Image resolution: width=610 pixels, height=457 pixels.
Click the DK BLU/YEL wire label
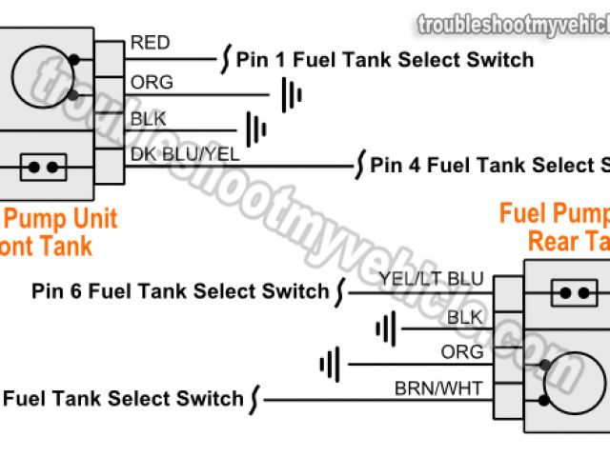(x=184, y=152)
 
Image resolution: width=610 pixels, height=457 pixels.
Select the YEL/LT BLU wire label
(x=431, y=278)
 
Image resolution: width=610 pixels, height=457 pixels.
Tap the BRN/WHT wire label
(x=438, y=387)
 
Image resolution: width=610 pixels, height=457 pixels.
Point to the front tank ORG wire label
(x=152, y=82)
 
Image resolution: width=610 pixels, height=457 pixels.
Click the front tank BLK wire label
(x=148, y=118)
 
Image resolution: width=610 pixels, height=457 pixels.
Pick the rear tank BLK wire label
(x=465, y=316)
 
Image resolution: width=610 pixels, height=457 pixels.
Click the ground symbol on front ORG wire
(x=291, y=93)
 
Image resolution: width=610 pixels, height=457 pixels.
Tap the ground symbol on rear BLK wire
(x=385, y=329)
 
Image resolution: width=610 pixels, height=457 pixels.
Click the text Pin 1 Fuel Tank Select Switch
(x=384, y=60)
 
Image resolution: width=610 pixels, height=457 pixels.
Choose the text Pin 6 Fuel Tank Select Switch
(x=180, y=290)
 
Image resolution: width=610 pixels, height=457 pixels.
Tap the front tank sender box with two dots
(x=43, y=168)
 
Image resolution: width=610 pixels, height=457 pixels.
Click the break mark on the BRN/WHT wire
(x=254, y=399)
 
